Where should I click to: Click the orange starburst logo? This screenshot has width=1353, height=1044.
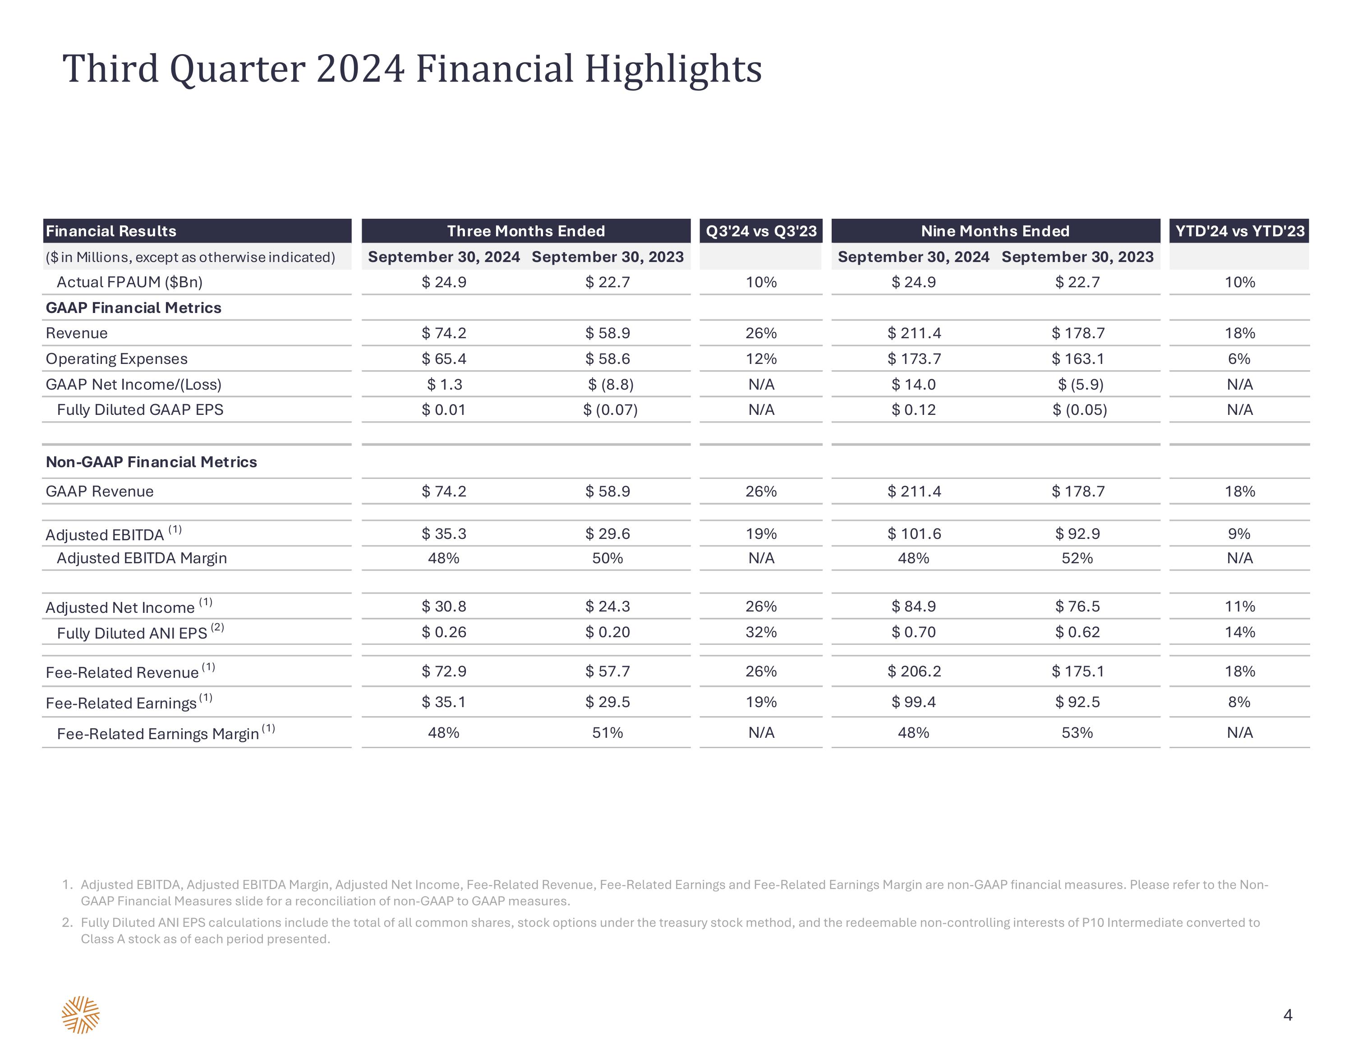coord(81,1015)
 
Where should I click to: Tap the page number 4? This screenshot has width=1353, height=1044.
coord(1288,1015)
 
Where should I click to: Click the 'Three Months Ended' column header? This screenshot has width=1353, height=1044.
coord(526,231)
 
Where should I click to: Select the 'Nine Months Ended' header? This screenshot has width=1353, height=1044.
coord(995,231)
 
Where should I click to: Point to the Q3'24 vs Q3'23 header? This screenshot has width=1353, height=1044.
coord(761,231)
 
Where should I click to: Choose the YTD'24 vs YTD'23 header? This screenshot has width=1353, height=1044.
coord(1240,231)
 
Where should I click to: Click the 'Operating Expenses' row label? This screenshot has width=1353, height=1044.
coord(116,359)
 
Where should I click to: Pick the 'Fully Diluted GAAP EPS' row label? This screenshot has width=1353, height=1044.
coord(140,409)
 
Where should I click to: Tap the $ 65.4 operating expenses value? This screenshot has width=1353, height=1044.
coord(444,359)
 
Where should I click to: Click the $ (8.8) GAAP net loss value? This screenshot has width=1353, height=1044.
coord(611,384)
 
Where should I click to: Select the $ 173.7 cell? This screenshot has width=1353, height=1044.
coord(914,359)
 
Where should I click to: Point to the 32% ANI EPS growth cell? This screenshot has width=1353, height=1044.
coord(761,632)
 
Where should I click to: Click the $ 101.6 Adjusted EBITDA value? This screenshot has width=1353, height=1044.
coord(914,533)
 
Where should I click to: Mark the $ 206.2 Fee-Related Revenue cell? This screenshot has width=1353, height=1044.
coord(914,671)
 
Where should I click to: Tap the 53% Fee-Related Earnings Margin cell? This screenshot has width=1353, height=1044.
coord(1077,732)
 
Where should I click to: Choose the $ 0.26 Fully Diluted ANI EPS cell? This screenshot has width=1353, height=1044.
coord(444,632)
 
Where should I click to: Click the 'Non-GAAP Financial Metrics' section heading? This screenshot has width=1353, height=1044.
coord(151,462)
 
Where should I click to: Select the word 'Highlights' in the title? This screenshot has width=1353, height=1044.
coord(673,69)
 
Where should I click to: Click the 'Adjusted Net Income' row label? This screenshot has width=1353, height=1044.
coord(120,607)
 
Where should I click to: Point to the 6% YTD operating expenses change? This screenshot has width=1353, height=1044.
coord(1240,359)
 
